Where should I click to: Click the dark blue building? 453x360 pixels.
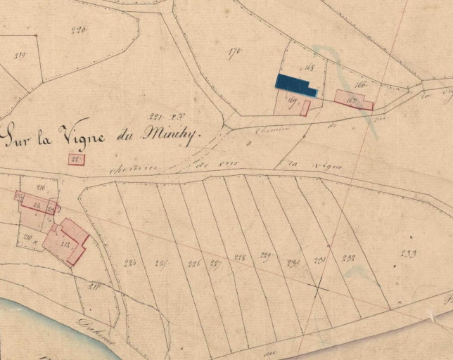point(295,84)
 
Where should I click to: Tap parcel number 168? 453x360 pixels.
point(307,68)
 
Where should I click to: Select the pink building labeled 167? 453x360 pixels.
point(353,100)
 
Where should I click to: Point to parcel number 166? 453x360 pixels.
point(362,84)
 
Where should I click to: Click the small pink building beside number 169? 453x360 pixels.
point(305,108)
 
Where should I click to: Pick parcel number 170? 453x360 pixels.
point(235,51)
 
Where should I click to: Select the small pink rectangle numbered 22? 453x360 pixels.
point(76,160)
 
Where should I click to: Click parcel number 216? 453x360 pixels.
point(40,187)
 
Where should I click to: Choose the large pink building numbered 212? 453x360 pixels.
point(67,241)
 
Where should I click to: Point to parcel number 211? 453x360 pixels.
point(94,286)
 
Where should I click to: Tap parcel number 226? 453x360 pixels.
point(194,264)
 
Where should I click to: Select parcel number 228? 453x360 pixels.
point(240,257)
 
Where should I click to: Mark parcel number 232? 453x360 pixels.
point(348,258)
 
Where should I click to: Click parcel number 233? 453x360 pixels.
point(407,255)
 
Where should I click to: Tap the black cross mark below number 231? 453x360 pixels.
point(319,288)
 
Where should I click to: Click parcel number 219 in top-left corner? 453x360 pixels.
point(20,56)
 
